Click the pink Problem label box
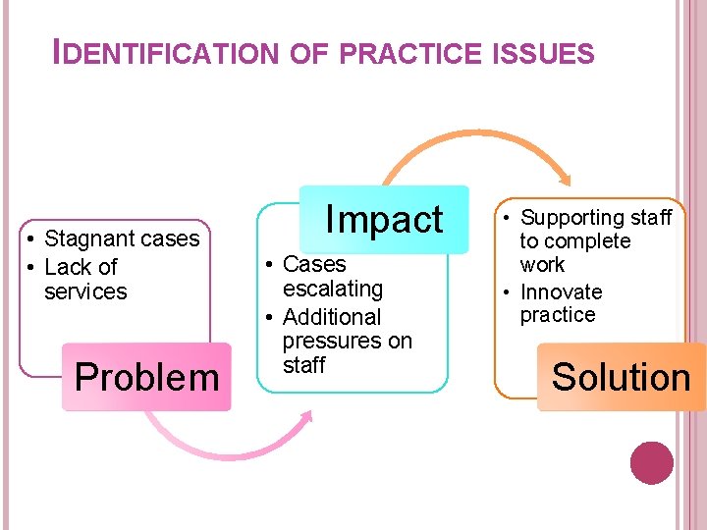146,377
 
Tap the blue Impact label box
384,219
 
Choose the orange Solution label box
621,377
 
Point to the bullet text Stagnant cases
122,238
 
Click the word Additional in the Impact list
331,317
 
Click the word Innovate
561,292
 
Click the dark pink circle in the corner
651,463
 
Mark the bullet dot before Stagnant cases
32,239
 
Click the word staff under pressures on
303,365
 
